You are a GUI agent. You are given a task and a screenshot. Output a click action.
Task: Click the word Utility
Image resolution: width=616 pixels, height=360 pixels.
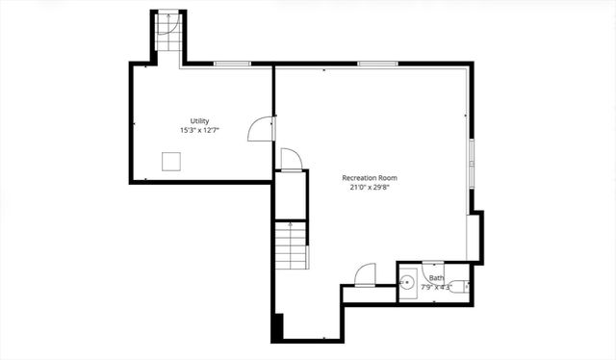(x=199, y=121)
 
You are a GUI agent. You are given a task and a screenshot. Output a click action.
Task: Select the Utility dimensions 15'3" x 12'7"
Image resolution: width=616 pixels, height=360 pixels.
(x=199, y=131)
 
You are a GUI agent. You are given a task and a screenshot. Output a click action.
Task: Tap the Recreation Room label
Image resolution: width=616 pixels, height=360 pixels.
(x=370, y=178)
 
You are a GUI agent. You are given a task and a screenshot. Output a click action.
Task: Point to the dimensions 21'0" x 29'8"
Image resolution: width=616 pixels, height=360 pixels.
(x=370, y=188)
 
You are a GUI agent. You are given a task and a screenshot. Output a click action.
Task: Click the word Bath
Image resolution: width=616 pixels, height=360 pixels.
(x=437, y=279)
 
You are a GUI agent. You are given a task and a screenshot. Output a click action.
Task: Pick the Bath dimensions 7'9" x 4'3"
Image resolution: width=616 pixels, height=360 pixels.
(x=436, y=287)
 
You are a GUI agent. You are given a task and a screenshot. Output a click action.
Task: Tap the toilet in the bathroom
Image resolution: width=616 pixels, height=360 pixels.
(x=460, y=286)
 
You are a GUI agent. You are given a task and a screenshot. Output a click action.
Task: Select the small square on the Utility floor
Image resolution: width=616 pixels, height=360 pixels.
(x=173, y=160)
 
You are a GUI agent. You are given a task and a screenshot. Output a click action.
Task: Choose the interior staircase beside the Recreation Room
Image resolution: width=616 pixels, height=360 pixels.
(x=290, y=245)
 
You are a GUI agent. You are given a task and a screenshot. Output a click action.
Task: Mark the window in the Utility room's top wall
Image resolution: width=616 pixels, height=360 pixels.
(x=232, y=64)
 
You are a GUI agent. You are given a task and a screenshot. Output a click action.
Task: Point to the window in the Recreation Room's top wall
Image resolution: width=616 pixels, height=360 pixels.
(x=372, y=64)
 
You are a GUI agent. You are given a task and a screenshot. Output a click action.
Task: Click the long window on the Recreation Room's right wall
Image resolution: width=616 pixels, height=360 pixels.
(x=471, y=163)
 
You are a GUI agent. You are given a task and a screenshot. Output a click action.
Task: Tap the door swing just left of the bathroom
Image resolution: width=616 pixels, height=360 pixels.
(x=365, y=276)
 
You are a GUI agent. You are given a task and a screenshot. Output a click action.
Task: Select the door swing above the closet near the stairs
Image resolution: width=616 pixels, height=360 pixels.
(x=291, y=159)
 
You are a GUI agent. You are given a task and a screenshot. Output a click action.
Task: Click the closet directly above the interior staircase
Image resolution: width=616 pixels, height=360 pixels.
(x=291, y=195)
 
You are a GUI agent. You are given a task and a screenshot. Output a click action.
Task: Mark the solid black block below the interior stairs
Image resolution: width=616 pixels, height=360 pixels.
(x=278, y=326)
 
